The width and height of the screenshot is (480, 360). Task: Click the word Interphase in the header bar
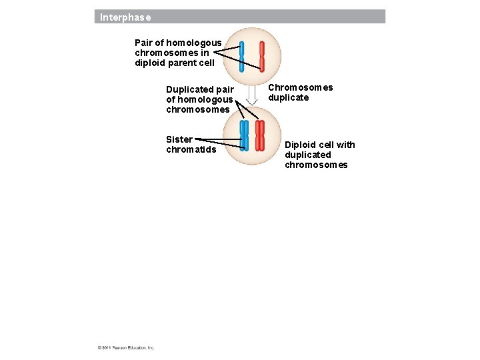click(125, 17)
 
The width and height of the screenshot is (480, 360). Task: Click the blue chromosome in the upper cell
click(242, 57)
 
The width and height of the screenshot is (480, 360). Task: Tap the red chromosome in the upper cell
click(262, 57)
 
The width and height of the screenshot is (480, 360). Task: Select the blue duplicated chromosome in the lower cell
click(244, 135)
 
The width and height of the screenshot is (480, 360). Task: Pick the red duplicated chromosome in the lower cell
click(260, 135)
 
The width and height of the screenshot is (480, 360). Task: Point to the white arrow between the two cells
click(252, 95)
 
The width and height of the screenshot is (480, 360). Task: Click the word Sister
click(179, 139)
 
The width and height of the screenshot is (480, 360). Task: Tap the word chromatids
click(191, 149)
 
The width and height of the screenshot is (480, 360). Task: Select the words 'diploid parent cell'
click(175, 63)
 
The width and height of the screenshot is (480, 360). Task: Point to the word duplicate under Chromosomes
click(289, 97)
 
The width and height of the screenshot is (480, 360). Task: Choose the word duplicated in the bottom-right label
click(308, 155)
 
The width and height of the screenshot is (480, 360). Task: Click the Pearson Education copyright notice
click(126, 347)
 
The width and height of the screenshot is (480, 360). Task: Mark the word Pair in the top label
click(144, 43)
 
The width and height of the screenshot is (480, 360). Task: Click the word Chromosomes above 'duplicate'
click(301, 87)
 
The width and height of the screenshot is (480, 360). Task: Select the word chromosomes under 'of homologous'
click(197, 109)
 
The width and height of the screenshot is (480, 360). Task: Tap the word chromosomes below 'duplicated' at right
click(316, 165)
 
